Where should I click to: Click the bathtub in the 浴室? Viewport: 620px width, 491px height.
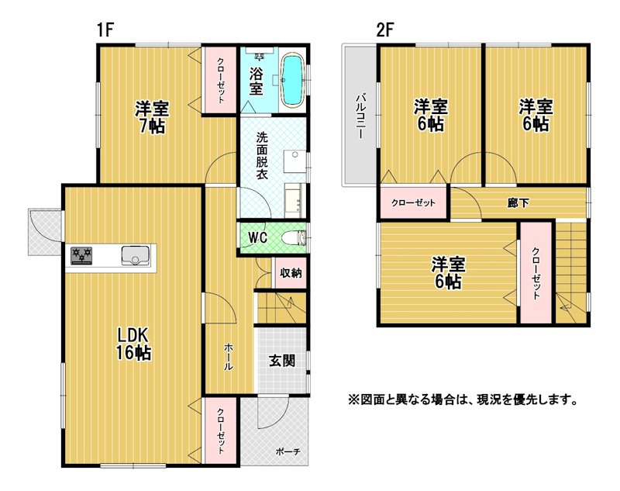[293, 81]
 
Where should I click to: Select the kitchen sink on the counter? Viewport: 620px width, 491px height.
[136, 256]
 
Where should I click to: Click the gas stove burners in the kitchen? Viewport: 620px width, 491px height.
[81, 256]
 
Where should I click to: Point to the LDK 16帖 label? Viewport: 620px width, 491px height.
[133, 344]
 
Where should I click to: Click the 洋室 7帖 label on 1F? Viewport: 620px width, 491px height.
[152, 117]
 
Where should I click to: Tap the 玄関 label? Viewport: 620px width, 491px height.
[282, 361]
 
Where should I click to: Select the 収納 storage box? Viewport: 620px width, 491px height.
[291, 273]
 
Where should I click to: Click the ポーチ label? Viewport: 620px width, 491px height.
[288, 451]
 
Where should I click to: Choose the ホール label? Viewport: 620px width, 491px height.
[229, 357]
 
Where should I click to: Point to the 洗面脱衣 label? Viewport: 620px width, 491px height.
[261, 155]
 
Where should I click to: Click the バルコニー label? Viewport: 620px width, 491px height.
[360, 116]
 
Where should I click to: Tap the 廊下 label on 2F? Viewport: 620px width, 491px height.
[518, 203]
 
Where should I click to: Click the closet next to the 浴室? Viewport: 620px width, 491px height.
[220, 81]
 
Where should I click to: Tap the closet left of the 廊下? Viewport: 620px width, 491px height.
[414, 203]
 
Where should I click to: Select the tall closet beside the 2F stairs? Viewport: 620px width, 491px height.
[536, 272]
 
